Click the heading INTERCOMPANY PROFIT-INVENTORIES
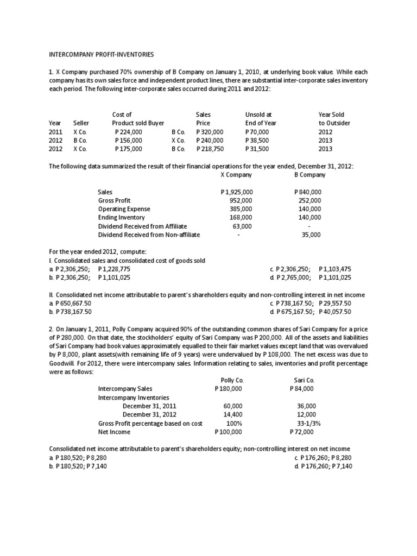102,54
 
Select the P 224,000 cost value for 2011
129,131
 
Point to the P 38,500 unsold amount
258,140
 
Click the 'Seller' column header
81,123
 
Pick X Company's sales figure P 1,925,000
237,192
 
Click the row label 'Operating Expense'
124,209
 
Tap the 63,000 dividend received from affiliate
242,226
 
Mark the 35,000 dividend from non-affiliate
311,235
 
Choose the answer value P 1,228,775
115,269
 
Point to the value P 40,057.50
336,312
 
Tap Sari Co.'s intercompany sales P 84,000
302,389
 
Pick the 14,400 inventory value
233,414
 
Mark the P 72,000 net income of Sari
302,432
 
